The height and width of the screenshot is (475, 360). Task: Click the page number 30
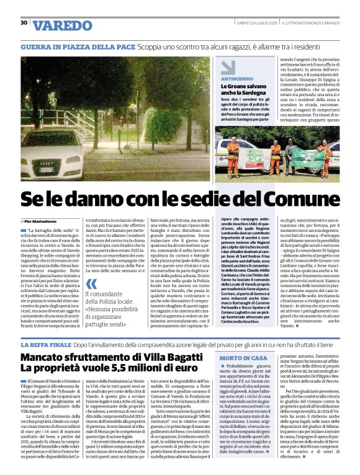click(x=24, y=22)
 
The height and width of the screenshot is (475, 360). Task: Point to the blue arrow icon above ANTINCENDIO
click(x=227, y=67)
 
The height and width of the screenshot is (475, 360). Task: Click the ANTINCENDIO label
click(x=237, y=80)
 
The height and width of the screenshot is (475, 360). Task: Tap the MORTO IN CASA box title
click(x=243, y=358)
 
